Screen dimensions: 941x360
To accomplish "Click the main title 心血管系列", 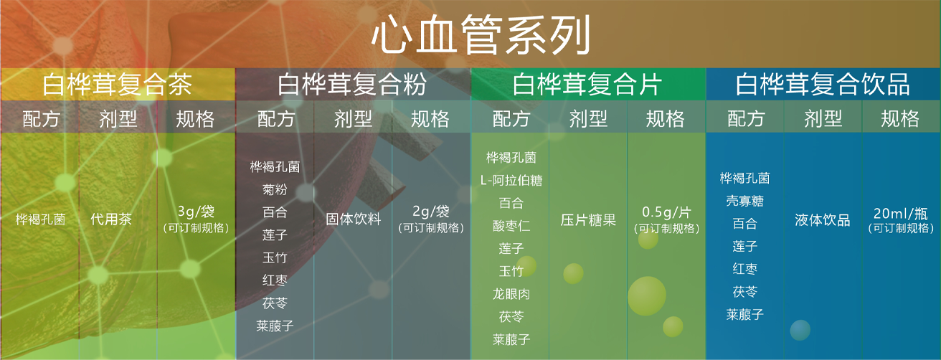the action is pyautogui.click(x=481, y=34).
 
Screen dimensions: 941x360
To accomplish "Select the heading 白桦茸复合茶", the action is pyautogui.click(x=117, y=84).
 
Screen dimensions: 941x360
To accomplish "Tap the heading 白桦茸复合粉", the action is pyautogui.click(x=352, y=84).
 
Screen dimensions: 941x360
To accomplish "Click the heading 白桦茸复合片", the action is pyautogui.click(x=587, y=84).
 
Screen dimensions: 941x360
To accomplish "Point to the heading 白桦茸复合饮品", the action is pyautogui.click(x=823, y=84).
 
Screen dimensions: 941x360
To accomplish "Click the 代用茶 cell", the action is pyautogui.click(x=111, y=219).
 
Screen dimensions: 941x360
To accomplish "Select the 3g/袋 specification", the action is pyautogui.click(x=196, y=212).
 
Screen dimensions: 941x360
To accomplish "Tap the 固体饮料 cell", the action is pyautogui.click(x=354, y=219).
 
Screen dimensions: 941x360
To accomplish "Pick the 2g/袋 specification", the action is pyautogui.click(x=431, y=212).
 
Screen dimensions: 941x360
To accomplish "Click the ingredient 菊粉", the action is pyautogui.click(x=275, y=189).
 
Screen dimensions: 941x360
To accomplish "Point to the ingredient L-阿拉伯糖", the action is pyautogui.click(x=511, y=180).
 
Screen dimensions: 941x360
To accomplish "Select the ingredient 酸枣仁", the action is pyautogui.click(x=511, y=226).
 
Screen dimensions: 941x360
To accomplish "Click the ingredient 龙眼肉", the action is pyautogui.click(x=511, y=293).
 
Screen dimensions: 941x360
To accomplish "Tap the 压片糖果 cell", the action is pyautogui.click(x=588, y=219).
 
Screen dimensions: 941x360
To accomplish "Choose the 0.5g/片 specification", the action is pyautogui.click(x=666, y=212).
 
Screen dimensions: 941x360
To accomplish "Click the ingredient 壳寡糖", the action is pyautogui.click(x=744, y=201).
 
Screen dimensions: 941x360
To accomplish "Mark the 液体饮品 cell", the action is pyautogui.click(x=823, y=219).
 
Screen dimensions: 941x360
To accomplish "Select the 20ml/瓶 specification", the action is pyautogui.click(x=901, y=214).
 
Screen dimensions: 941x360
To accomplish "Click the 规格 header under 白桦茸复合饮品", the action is pyautogui.click(x=900, y=118).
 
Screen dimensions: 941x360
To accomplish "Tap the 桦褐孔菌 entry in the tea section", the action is pyautogui.click(x=40, y=219).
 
